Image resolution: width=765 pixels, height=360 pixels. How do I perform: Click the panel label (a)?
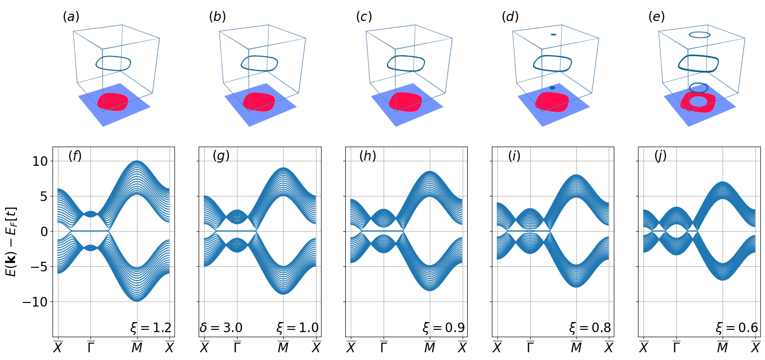click(71, 17)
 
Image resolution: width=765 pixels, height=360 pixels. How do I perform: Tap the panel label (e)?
click(656, 17)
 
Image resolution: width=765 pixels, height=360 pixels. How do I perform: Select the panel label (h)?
click(367, 156)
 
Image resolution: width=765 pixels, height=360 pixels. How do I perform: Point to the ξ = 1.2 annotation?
click(151, 328)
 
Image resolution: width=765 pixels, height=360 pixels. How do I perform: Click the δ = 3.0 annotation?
click(221, 328)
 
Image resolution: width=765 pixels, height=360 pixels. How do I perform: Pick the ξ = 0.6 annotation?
click(737, 328)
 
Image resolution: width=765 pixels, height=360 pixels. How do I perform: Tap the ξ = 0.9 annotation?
click(443, 328)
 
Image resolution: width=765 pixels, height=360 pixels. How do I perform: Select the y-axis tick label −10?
click(35, 302)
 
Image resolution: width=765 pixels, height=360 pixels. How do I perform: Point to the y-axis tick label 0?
click(44, 232)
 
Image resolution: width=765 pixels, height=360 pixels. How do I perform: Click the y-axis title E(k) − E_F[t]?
click(11, 242)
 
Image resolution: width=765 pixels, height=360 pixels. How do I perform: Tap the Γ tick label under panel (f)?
click(91, 348)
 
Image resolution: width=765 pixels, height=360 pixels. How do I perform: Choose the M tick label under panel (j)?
click(723, 348)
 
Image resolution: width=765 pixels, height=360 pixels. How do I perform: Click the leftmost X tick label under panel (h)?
click(351, 348)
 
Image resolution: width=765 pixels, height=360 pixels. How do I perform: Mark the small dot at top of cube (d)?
click(553, 35)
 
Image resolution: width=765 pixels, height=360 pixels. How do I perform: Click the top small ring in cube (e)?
click(699, 35)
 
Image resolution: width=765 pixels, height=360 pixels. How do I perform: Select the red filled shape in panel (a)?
click(112, 101)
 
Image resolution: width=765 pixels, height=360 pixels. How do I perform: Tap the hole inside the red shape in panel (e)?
click(698, 101)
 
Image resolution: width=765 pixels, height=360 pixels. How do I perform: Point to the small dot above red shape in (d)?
click(553, 88)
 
